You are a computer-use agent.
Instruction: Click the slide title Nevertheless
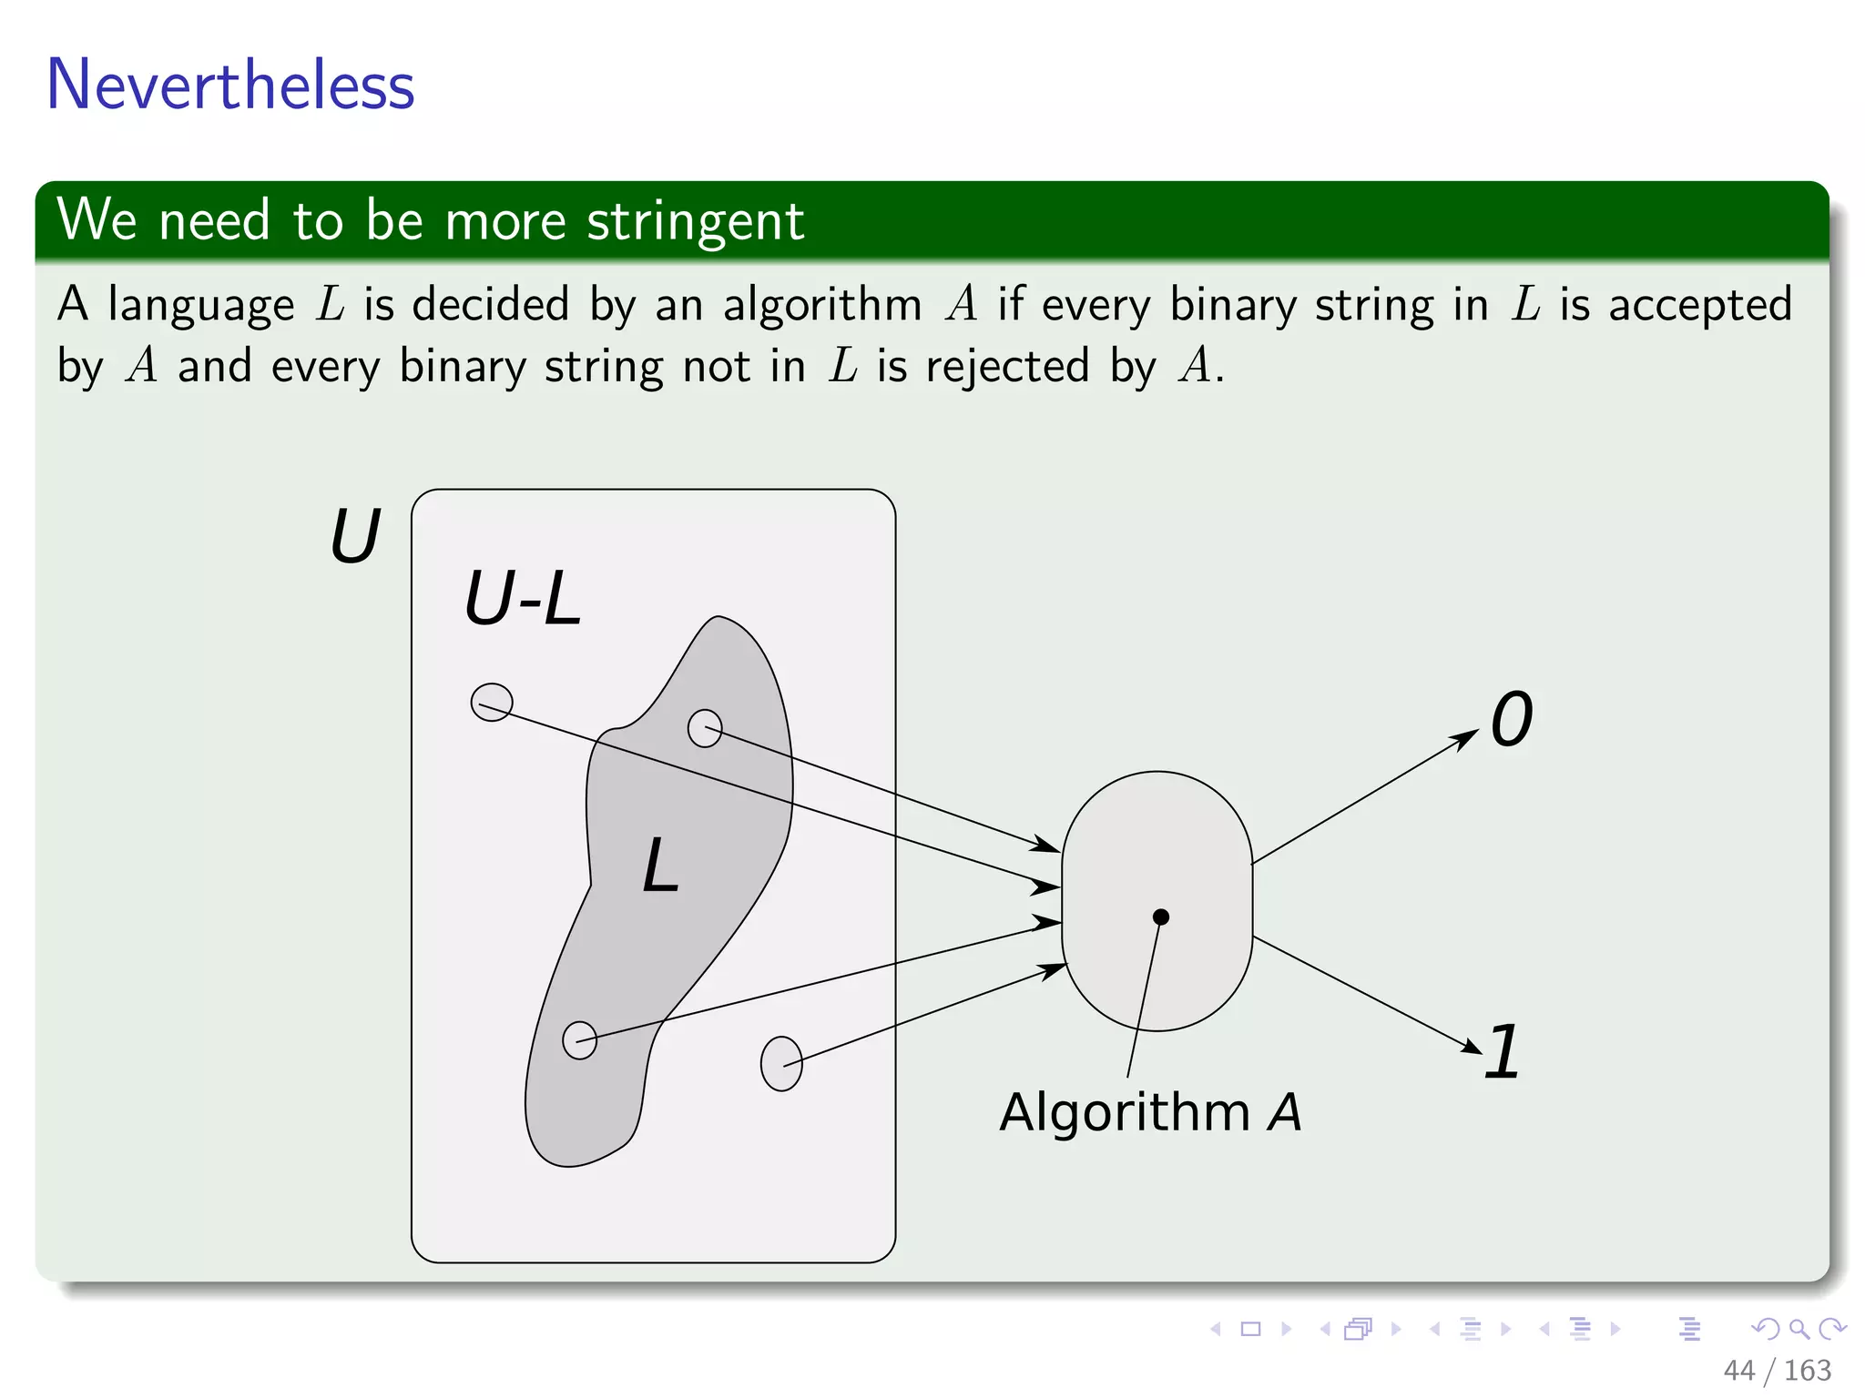[230, 85]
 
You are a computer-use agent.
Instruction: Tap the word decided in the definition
[490, 304]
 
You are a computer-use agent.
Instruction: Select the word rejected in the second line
[1007, 366]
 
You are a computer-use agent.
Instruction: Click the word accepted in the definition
[1699, 304]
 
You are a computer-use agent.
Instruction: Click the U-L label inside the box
[522, 599]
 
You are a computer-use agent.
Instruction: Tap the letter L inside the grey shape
[660, 866]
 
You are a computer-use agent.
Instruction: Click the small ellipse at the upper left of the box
[492, 702]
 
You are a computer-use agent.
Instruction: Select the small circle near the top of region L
[705, 728]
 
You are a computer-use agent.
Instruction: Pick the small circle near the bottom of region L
[579, 1039]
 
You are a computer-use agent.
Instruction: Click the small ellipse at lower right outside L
[781, 1063]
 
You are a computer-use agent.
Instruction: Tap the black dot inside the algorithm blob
[1160, 917]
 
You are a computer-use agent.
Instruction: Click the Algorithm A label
[1150, 1111]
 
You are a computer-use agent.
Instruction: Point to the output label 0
[1512, 719]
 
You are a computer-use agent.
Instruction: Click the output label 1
[1503, 1052]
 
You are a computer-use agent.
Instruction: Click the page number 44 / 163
[1777, 1370]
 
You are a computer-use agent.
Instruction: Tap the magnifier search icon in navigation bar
[1799, 1329]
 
